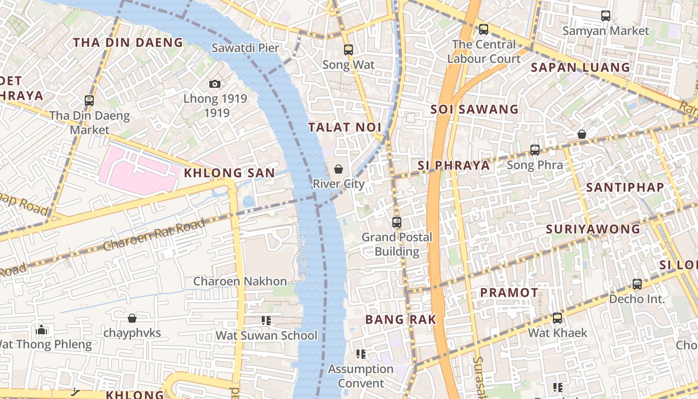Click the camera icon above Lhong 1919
215,84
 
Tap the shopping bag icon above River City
339,169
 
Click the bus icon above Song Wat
349,50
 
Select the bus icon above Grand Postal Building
397,222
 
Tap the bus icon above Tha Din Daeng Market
89,101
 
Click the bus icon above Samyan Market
606,16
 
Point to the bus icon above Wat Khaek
557,318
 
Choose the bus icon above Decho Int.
637,284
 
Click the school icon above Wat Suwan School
266,321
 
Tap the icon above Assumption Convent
361,354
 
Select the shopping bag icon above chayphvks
132,318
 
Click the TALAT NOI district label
345,127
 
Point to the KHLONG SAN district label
229,173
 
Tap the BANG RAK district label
401,320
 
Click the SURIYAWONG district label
593,229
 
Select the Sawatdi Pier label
245,48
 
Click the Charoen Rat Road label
154,235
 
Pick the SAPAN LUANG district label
580,67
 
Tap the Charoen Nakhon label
240,281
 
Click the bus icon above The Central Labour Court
484,29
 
